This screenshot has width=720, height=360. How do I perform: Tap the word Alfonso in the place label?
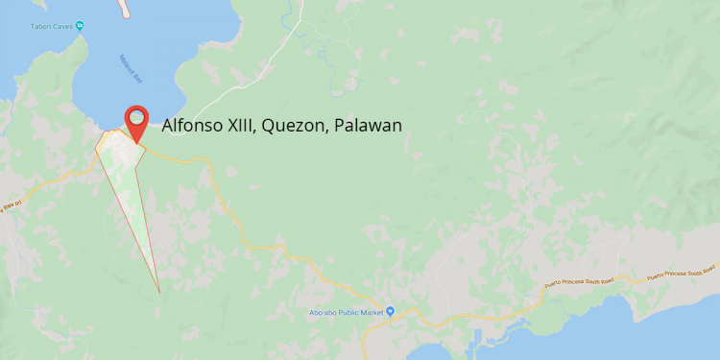pos(193,126)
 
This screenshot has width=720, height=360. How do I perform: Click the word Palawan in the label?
pos(368,126)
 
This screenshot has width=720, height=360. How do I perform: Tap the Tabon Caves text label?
pos(53,24)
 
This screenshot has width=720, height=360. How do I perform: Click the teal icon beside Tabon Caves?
pos(82,24)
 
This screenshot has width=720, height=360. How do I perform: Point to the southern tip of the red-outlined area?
pos(158,291)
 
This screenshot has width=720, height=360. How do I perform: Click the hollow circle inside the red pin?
pos(137,117)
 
